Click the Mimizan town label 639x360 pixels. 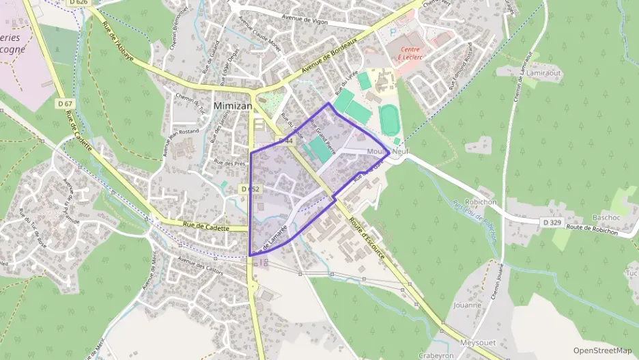point(233,106)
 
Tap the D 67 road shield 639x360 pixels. point(65,103)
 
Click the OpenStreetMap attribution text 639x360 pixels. point(602,350)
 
